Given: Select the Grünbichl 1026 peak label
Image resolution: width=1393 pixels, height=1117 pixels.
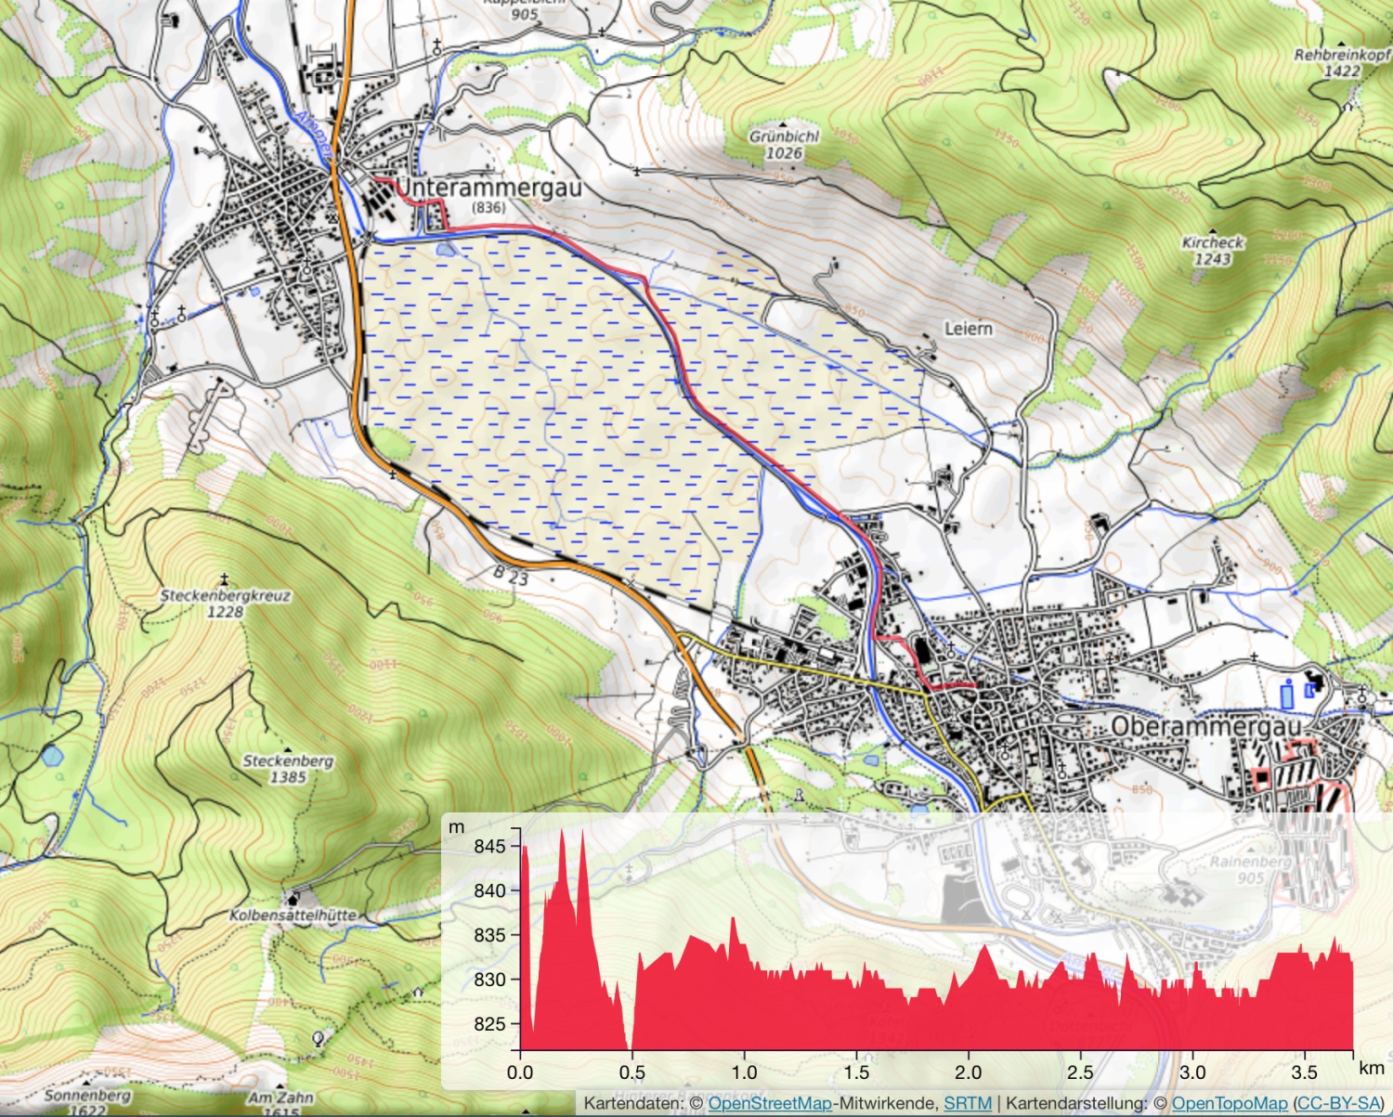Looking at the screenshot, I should click(x=784, y=145).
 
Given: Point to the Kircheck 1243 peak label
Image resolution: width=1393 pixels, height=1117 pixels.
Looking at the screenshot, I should click(x=1212, y=251).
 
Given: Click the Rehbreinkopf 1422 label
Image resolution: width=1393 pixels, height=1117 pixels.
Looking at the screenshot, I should click(x=1341, y=62).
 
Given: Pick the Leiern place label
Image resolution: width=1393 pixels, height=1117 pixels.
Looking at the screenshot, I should click(x=968, y=329).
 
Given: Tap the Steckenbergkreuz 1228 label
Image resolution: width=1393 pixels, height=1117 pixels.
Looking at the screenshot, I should click(x=225, y=603).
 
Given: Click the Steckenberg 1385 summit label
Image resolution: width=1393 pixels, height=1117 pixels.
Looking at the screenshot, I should click(x=288, y=768).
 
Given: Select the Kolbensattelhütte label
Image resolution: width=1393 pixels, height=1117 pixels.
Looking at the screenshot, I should click(x=293, y=915).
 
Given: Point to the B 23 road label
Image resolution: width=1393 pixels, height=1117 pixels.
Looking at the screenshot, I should click(x=511, y=576).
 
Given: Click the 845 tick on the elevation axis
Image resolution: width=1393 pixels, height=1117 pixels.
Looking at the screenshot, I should click(x=489, y=846).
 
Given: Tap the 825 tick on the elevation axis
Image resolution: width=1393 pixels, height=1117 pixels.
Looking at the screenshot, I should click(x=489, y=1024).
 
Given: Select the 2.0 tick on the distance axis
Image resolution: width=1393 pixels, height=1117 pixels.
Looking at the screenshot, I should click(x=969, y=1072).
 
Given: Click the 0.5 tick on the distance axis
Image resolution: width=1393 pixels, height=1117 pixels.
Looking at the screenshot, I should click(x=631, y=1072).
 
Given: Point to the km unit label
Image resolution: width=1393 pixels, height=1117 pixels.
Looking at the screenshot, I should click(x=1371, y=1068).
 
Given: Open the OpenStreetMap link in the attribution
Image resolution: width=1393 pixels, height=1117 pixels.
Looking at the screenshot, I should click(x=770, y=1103).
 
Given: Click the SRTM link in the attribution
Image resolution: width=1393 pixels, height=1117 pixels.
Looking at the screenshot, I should click(x=967, y=1103).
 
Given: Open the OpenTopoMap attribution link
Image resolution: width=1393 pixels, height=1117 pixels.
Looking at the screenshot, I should click(x=1229, y=1103).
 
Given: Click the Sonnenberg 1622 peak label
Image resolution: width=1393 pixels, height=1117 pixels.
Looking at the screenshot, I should click(x=88, y=1102).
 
